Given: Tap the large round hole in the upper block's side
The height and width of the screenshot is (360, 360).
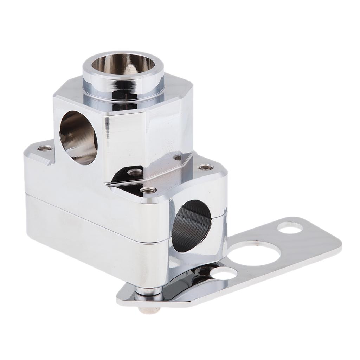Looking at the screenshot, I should pyautogui.click(x=78, y=137).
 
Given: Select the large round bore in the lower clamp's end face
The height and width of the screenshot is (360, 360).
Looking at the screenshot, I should pyautogui.click(x=192, y=225).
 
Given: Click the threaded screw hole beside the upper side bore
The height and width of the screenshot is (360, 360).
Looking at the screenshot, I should pyautogui.click(x=45, y=148).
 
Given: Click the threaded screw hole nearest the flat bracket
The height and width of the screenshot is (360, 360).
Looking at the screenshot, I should pyautogui.click(x=205, y=167).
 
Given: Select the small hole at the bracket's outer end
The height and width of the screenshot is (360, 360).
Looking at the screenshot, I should pyautogui.click(x=290, y=228).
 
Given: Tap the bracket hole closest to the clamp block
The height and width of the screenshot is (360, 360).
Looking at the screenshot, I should pyautogui.click(x=224, y=273).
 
